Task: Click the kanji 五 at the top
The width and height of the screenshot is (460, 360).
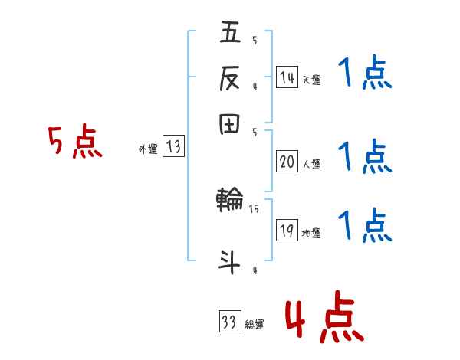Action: [231, 33]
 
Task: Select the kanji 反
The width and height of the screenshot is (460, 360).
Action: [231, 78]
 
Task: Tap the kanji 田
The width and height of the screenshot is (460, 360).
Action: [231, 124]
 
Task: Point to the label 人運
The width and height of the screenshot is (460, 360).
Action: [311, 164]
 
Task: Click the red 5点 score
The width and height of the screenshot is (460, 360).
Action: [75, 144]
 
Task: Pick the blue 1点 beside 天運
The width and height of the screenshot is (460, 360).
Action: [365, 76]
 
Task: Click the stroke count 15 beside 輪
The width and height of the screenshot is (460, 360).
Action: [254, 208]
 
